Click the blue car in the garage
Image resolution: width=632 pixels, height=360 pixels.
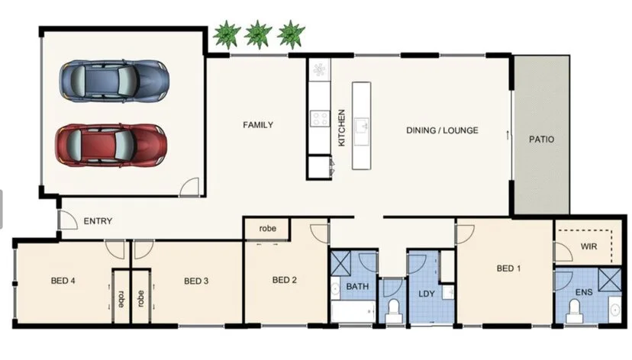114,79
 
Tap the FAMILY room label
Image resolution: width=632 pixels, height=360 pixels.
258,125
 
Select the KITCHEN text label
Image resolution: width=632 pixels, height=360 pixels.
341,128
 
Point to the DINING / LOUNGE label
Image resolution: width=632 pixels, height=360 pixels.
442,130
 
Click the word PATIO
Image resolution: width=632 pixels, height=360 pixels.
541,140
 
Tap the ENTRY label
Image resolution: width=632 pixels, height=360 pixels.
98,222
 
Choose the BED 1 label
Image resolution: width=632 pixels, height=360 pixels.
509,268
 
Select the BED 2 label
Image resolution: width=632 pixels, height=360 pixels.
284,280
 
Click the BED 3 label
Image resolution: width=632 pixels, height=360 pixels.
196,281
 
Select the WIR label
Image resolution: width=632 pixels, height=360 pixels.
588,247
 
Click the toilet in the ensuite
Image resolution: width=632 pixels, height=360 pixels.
574,309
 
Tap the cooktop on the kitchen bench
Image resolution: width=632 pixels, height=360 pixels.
320,118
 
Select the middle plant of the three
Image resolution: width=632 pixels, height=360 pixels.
259,34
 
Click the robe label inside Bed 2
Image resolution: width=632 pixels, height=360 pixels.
267,228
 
